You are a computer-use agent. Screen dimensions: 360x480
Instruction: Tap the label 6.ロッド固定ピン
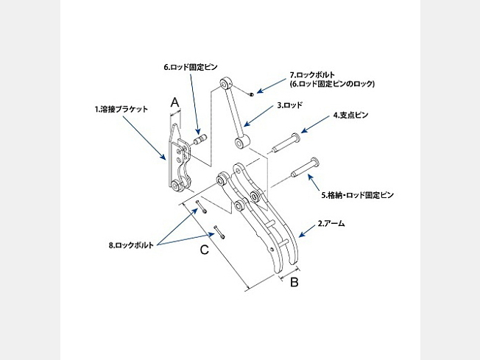point(190,66)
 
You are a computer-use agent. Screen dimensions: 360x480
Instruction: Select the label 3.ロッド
point(290,105)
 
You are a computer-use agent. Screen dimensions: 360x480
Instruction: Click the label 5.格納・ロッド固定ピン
point(358,196)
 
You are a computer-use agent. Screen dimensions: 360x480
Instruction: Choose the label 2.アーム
point(331,222)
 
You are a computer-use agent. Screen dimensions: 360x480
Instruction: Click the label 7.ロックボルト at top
point(313,75)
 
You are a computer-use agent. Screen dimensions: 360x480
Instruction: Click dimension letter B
point(293,281)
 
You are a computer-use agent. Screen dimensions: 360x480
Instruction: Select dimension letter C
point(205,250)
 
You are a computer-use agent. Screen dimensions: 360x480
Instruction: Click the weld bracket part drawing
point(179,158)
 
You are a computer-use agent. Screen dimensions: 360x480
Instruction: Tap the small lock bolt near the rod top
point(253,93)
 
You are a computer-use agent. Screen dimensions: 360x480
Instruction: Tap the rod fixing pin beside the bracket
point(200,137)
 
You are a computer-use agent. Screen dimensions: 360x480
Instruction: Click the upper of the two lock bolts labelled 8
point(197,208)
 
